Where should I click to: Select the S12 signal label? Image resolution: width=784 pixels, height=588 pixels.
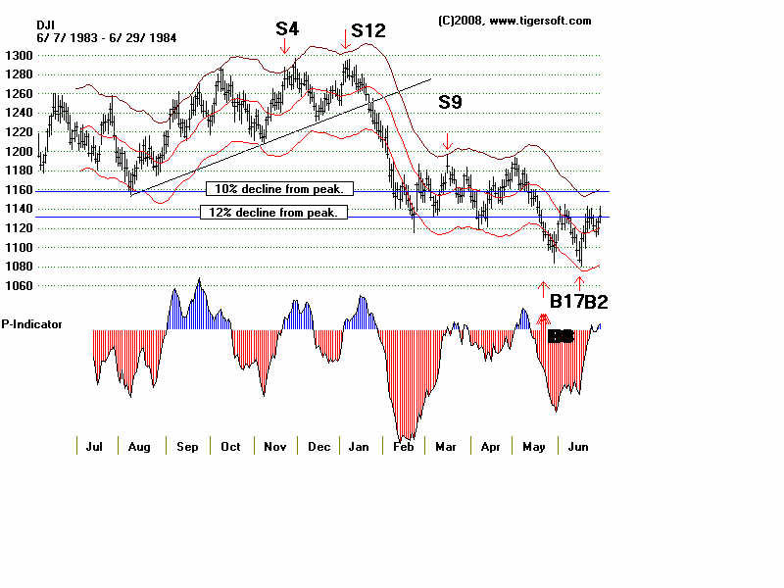[x=367, y=31]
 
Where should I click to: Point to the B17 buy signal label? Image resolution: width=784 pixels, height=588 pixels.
[x=566, y=302]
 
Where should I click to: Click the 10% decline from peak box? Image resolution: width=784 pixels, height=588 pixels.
[x=279, y=189]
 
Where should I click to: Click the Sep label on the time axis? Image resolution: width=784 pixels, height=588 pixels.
[x=187, y=447]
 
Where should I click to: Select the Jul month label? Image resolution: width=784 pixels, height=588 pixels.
[x=95, y=447]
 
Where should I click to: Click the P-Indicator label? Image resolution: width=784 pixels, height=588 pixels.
[x=32, y=323]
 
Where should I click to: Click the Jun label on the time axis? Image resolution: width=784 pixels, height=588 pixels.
[x=579, y=447]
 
